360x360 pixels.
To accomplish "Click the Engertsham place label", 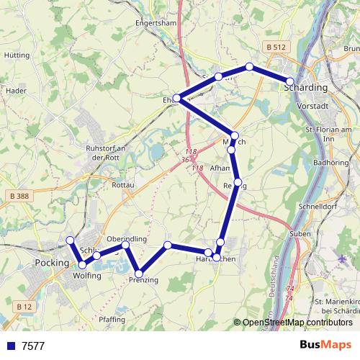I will click(x=156, y=22).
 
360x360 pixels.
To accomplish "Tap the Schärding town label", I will click(x=306, y=87).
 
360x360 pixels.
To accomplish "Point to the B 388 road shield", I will click(x=21, y=196).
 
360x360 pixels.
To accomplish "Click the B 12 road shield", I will click(x=23, y=307).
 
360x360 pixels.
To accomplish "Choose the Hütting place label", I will click(x=17, y=55).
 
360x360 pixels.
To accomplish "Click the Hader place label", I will click(x=16, y=91).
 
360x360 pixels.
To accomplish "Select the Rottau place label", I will click(x=124, y=185).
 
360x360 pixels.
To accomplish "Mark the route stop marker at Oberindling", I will click(x=125, y=246).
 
